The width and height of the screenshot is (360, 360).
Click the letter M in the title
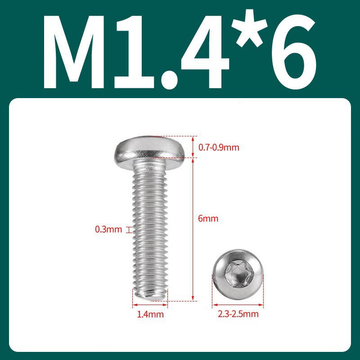[x=74, y=52]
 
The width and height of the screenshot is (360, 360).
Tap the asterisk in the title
[x=249, y=28]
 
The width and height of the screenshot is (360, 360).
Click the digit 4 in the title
[x=205, y=52]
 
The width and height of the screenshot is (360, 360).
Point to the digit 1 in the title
[x=135, y=52]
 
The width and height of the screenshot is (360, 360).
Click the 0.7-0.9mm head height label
[x=219, y=148]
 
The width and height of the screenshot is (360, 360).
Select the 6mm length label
[x=208, y=218]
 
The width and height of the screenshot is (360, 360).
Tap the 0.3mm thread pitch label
[x=108, y=229]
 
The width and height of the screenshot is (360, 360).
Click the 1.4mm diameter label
[x=150, y=314]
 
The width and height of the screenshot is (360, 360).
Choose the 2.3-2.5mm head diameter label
[x=238, y=314]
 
